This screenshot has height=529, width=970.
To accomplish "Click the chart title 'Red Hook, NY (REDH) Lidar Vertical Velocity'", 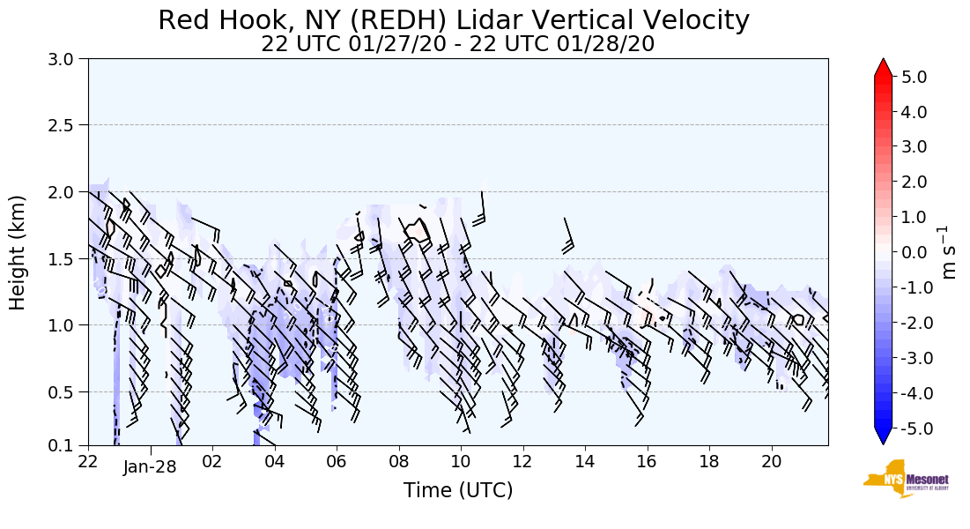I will [x=454, y=20].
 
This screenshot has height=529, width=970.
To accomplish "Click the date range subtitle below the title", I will [x=457, y=44].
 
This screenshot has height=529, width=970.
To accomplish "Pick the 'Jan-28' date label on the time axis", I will [x=150, y=467].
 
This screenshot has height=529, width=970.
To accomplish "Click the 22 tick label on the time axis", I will [x=88, y=461].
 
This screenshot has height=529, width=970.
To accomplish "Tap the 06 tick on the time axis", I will [x=337, y=461].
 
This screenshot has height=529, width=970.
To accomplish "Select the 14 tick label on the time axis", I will [x=585, y=461].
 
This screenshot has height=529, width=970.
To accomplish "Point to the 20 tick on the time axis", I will [x=772, y=461].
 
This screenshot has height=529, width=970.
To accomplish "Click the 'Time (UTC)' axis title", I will [x=457, y=490].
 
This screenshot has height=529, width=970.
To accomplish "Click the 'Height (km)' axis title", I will [x=18, y=252].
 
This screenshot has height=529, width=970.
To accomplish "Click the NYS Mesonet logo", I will [x=900, y=479].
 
